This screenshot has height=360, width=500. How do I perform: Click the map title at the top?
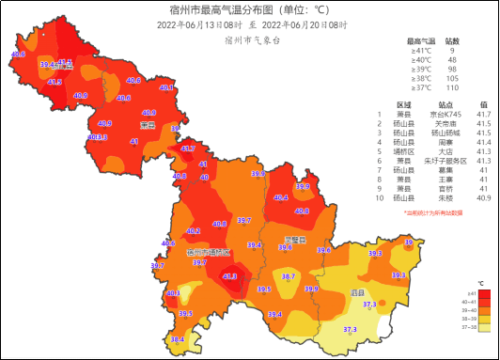(249, 9)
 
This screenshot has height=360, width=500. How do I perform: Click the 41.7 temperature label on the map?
(188, 148)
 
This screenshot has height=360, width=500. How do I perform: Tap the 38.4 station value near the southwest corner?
(177, 339)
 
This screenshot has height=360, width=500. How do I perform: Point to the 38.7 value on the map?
(289, 277)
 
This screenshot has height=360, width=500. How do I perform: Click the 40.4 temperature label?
(280, 197)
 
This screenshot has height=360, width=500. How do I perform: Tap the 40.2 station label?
(194, 230)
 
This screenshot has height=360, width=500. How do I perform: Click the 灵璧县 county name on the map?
(296, 240)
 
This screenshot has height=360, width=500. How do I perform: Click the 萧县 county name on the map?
(148, 124)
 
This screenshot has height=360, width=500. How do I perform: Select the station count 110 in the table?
(451, 87)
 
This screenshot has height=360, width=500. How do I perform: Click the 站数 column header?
(451, 41)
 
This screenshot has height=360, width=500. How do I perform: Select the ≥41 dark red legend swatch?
(479, 292)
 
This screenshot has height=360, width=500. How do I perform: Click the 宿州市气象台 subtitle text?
(253, 41)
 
